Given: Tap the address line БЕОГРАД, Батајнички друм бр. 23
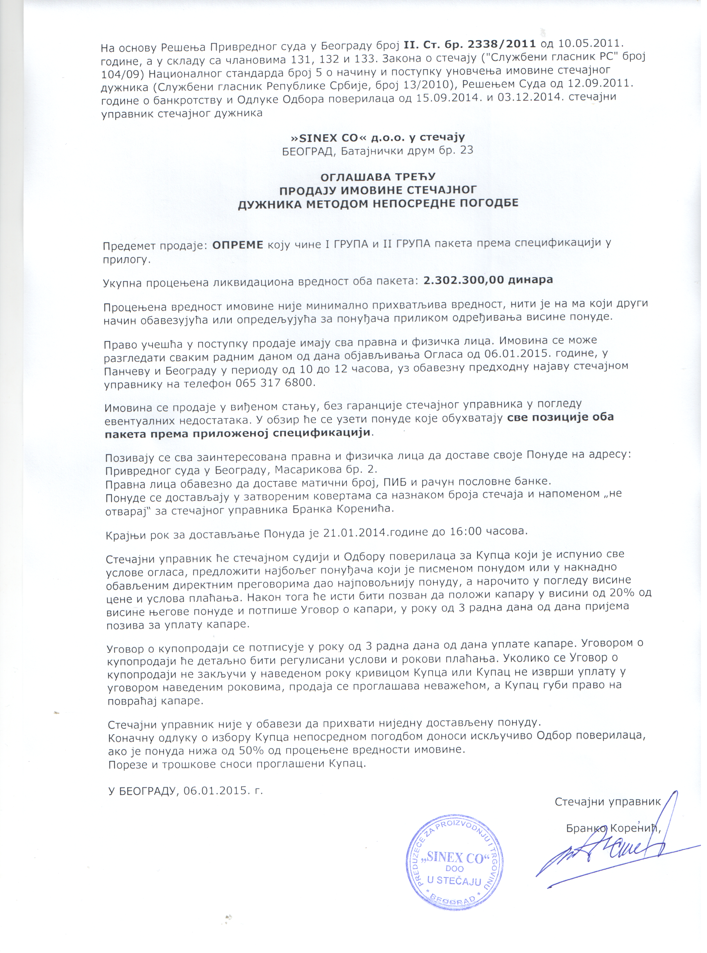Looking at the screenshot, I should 377,151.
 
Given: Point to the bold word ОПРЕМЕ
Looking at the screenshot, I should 238,245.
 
